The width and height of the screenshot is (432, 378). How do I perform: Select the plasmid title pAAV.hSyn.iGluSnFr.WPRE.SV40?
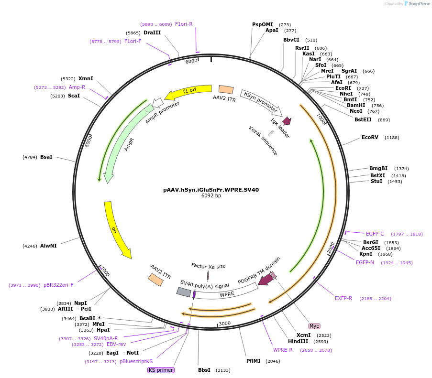(x=211, y=190)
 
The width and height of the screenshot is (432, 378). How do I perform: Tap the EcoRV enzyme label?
(x=370, y=138)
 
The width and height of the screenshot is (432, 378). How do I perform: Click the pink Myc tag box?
(x=314, y=326)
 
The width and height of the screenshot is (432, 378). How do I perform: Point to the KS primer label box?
(x=161, y=370)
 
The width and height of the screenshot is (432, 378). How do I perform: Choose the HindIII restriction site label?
(x=298, y=342)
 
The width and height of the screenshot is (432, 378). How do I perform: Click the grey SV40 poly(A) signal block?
(x=184, y=292)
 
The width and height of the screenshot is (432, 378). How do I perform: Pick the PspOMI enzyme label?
(x=262, y=24)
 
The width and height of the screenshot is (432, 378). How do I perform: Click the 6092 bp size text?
(x=211, y=196)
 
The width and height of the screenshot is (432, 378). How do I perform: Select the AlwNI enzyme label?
(x=48, y=246)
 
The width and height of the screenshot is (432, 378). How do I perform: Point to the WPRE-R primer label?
(x=283, y=350)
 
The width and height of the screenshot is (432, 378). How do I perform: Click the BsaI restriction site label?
(x=46, y=157)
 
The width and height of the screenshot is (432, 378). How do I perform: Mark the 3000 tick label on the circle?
(x=224, y=323)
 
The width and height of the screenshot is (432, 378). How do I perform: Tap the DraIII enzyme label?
(x=152, y=32)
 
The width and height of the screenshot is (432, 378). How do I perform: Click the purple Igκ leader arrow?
(x=287, y=121)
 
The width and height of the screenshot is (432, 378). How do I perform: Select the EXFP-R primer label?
(x=343, y=298)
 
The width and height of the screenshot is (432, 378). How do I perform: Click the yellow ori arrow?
(x=116, y=229)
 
